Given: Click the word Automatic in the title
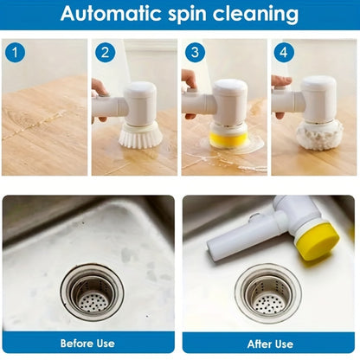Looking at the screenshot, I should pos(111,15).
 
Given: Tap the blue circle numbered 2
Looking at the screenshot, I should pos(106,53).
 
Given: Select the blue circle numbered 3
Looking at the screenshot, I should pos(196,53).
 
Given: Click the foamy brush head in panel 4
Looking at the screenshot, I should pos(318,134).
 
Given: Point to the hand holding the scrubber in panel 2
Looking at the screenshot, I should pos(100,87).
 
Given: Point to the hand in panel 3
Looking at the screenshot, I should pos(189,81).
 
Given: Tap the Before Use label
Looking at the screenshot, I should pos(88,343).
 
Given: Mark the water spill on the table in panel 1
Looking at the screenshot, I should pos(35,130).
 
